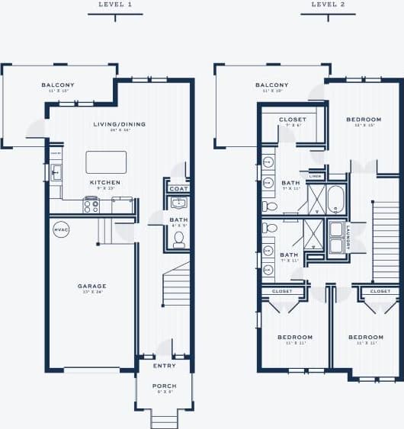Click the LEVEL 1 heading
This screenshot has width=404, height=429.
[115, 5]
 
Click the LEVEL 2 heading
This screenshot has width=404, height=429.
[329, 5]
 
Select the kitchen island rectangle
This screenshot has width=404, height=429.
[106, 162]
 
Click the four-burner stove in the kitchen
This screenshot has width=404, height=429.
[91, 204]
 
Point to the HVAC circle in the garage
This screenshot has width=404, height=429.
[60, 229]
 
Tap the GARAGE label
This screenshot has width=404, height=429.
[91, 287]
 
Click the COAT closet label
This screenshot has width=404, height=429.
[178, 188]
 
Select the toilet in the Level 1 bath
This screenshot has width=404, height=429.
[179, 239]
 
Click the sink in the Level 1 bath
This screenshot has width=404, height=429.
[178, 203]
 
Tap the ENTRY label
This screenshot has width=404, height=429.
[165, 366]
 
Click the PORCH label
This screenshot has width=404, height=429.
[164, 386]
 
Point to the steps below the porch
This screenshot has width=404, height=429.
[164, 418]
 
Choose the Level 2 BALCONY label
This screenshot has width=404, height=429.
[271, 85]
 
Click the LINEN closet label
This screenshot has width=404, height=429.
[316, 176]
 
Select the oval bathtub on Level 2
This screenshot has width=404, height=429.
[336, 200]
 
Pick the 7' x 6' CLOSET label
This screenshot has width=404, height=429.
[293, 120]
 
